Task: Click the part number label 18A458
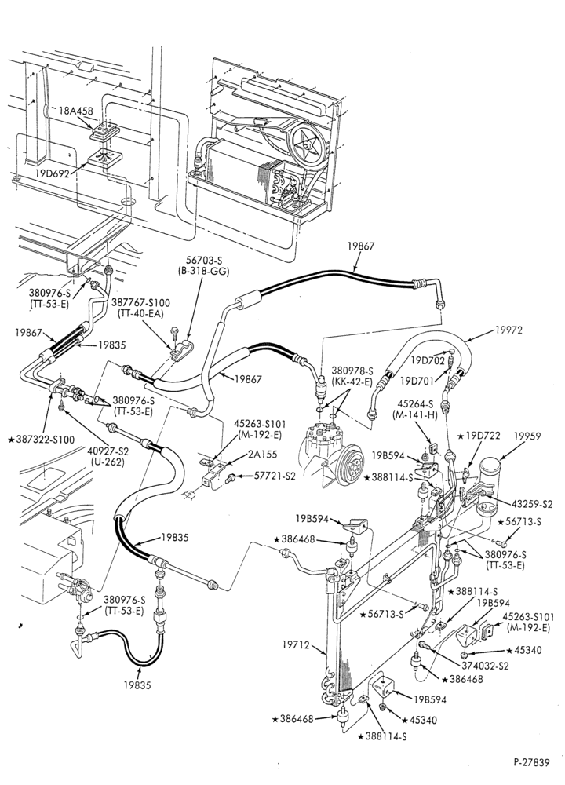pos(76,111)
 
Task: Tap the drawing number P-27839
pos(531,762)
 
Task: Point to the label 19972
pos(508,330)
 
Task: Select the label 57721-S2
pos(275,476)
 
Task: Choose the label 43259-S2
pos(531,504)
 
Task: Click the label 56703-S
pos(199,261)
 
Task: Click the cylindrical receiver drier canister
pos(490,488)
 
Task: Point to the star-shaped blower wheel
pos(307,144)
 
